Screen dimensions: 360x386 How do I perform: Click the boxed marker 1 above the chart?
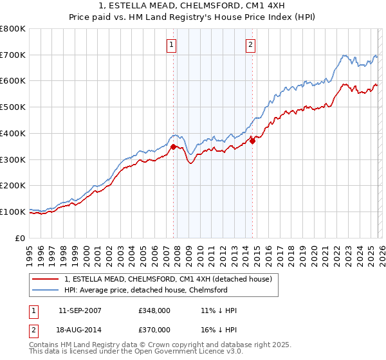coord(172,45)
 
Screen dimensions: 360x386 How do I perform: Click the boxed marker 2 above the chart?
coord(250,45)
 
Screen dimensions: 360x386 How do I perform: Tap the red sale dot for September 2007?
coord(173,147)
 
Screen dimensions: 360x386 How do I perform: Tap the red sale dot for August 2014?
coord(252,141)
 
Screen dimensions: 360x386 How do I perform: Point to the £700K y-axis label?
coord(13,55)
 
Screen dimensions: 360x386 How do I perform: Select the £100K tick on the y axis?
coord(13,212)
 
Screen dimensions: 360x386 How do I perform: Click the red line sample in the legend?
coord(46,279)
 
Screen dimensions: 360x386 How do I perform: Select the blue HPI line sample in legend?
coord(46,290)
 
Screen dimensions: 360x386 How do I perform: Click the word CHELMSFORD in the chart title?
coord(206,6)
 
